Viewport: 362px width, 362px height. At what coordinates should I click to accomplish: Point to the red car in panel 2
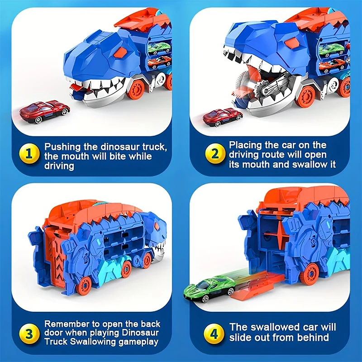222,117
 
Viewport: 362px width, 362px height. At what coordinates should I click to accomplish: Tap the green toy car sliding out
210,289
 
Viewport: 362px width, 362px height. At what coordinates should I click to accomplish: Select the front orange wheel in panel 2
305,96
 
